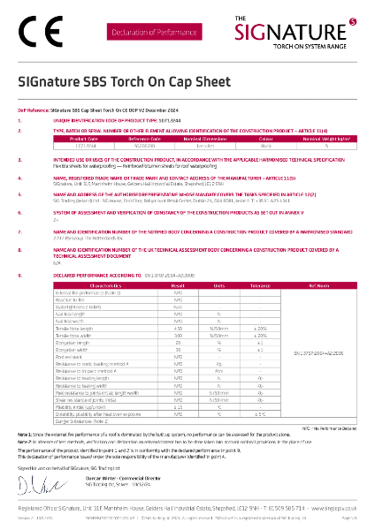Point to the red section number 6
point(20,213)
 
